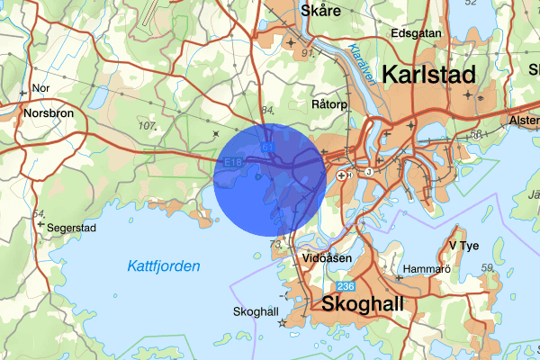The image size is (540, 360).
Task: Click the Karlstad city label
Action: pos(428,76)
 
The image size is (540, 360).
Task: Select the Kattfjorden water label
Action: pos(164,266)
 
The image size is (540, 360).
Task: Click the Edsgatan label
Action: pos(415,33)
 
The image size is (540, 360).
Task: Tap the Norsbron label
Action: pos(50,114)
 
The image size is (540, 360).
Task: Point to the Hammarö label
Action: pos(427,268)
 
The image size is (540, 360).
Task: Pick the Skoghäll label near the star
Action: pos(256,311)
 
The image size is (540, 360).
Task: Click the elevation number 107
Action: pos(148,125)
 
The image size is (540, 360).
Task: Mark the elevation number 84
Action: pos(265,110)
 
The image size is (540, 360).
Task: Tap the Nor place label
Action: pos(40,88)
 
